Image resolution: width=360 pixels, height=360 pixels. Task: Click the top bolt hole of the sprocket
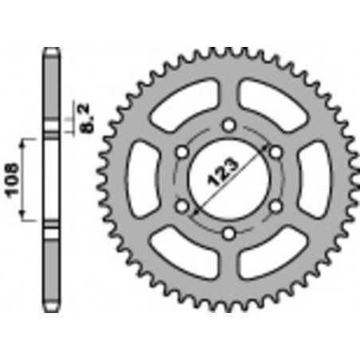point(229,124)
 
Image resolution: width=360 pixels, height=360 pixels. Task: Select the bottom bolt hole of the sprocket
point(229,233)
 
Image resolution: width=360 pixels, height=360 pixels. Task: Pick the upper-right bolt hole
point(276,151)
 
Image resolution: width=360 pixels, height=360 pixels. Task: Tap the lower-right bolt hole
point(276,206)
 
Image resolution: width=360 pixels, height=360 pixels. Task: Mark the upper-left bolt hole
point(182,151)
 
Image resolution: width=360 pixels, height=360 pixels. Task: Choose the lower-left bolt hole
point(182,206)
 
